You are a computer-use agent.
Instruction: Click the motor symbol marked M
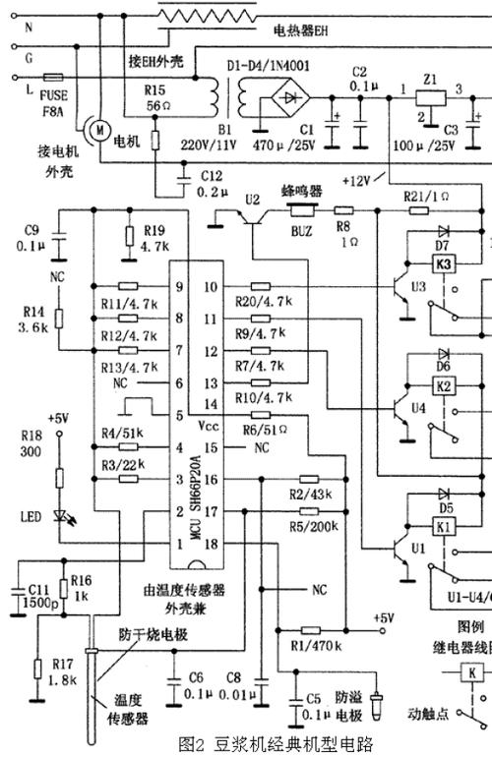pos(96,128)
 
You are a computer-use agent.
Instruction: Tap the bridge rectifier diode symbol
pos(291,100)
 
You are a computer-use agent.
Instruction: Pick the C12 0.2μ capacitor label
pos(217,182)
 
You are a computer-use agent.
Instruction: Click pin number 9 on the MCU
pos(179,287)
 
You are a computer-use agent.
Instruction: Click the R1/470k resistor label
pos(309,645)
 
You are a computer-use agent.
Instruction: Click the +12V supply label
pos(357,182)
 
